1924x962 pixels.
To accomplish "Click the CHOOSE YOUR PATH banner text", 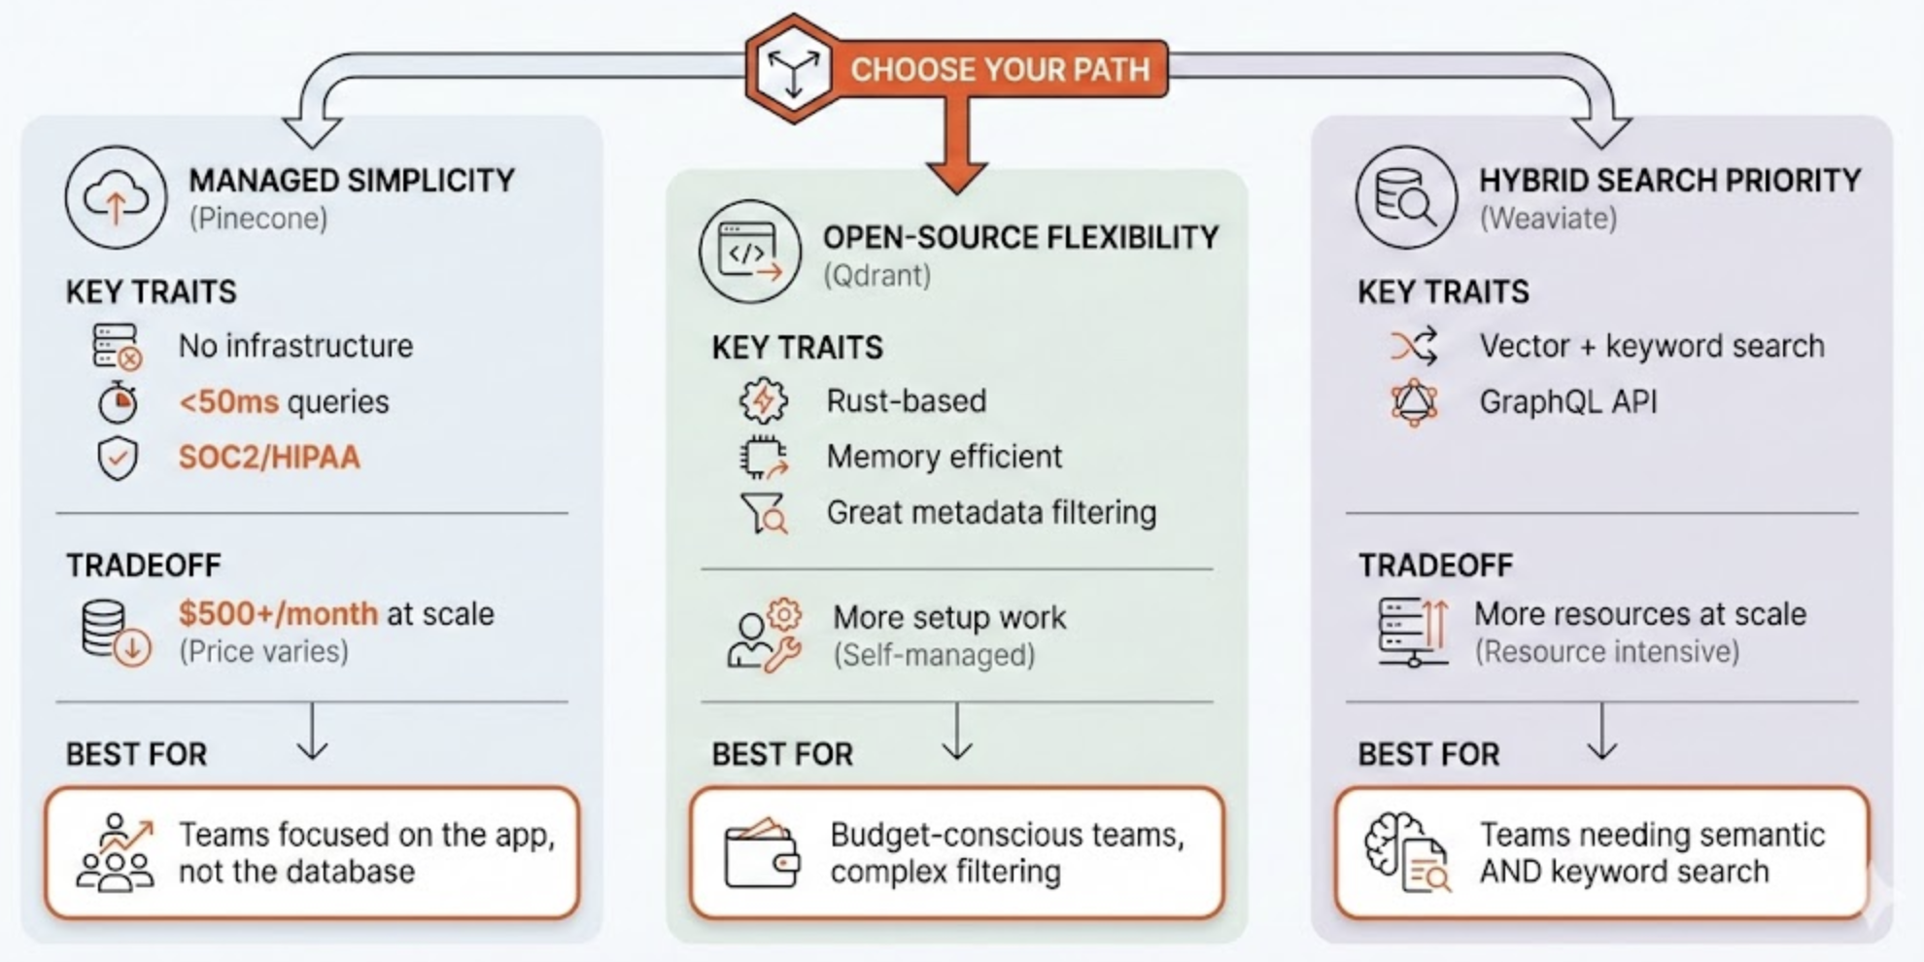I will click(999, 70).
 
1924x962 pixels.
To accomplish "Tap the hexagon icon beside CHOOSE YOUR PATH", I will click(793, 69).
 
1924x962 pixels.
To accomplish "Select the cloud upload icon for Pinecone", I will click(116, 197).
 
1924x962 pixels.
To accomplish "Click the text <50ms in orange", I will click(229, 402).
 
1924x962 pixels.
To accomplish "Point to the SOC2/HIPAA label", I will click(269, 458).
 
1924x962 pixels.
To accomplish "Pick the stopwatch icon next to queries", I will click(118, 402).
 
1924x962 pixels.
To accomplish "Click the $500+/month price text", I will click(278, 614).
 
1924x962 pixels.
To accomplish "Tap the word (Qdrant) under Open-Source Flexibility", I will click(876, 276).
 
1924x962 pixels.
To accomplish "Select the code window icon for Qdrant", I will click(749, 252).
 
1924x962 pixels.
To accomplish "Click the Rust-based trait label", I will click(906, 401).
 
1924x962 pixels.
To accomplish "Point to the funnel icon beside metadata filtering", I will click(764, 513).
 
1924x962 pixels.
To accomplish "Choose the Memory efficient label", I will click(944, 457).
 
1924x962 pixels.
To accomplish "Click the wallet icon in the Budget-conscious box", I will click(762, 854).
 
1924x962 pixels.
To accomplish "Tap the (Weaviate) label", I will click(1548, 219).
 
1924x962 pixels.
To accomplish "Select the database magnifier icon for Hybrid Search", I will click(1405, 197).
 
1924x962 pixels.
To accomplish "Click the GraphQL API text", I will click(1567, 402).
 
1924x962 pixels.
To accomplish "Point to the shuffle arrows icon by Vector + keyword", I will click(1413, 346).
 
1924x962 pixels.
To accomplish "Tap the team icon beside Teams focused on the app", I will click(116, 853).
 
